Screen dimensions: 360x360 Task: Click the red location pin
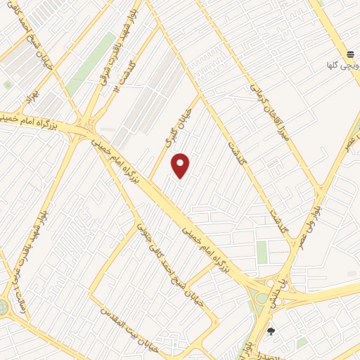(181, 165)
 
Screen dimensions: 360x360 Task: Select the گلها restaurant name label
(333, 65)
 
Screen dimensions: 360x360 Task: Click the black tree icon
(271, 331)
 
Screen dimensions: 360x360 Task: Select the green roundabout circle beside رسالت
(3, 307)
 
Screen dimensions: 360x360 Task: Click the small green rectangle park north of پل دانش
(262, 252)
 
